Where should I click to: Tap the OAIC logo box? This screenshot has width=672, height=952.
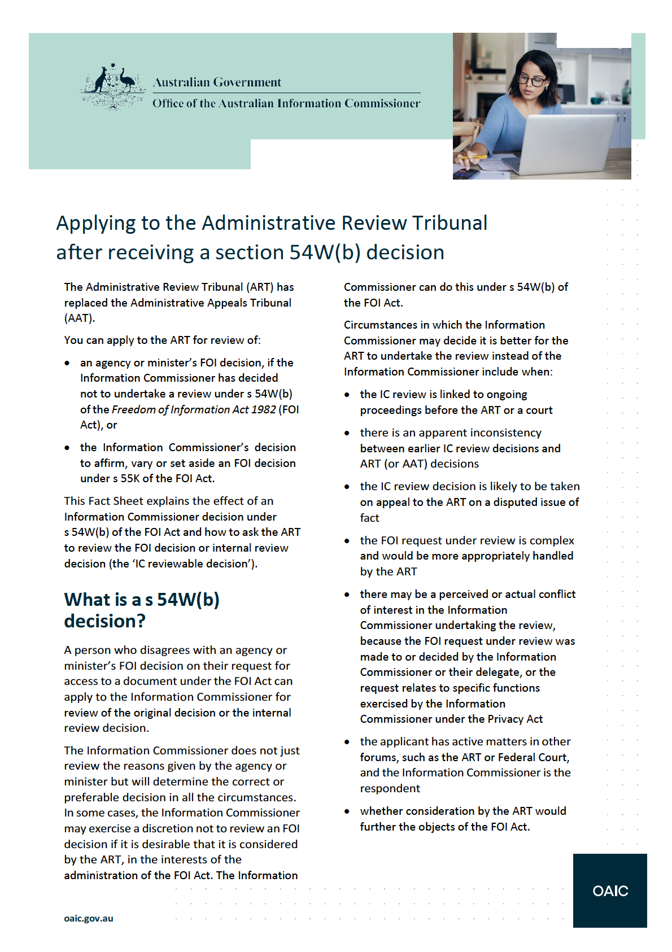click(610, 890)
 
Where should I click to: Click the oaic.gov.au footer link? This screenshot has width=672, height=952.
click(89, 918)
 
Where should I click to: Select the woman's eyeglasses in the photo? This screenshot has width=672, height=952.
click(531, 81)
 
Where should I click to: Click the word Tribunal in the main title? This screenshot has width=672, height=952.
click(449, 223)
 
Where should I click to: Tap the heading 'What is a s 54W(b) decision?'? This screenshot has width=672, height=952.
click(142, 610)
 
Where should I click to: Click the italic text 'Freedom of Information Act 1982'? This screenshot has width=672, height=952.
click(194, 409)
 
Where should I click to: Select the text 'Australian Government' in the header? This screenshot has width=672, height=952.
click(217, 82)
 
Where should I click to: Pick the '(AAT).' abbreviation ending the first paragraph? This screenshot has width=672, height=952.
click(80, 318)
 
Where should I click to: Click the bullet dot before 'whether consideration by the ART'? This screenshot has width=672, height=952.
click(347, 811)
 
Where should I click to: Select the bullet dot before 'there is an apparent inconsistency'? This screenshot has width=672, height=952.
click(347, 433)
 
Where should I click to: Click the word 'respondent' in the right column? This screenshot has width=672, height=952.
click(390, 788)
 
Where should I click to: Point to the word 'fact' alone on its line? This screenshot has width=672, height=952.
click(370, 518)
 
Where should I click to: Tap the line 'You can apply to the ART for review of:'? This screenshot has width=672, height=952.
click(163, 340)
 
